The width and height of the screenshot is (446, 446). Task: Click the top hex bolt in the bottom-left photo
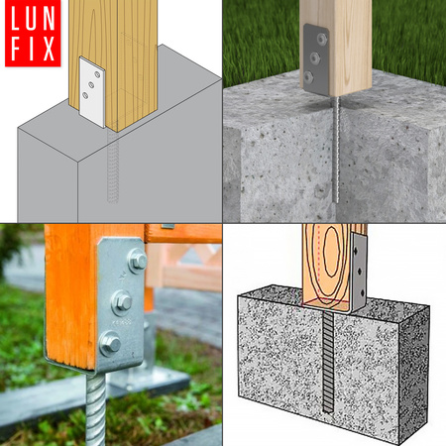pyautogui.click(x=137, y=260)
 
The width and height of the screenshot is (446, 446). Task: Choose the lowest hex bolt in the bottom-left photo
pyautogui.click(x=110, y=343)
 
